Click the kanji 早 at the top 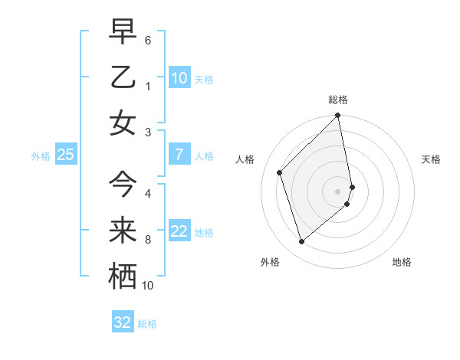123,31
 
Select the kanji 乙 123,77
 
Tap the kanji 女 123,123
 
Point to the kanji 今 123,184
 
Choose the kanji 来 123,230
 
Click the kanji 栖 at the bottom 123,276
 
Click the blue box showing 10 179,77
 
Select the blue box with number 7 179,155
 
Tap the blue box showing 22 179,231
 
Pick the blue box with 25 66,155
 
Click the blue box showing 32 123,322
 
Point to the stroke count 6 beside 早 147,39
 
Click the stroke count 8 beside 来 147,239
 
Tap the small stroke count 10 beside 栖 148,285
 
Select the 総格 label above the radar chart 338,100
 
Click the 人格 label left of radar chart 245,159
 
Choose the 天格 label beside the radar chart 432,159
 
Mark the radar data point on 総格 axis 338,116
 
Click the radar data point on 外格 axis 301,242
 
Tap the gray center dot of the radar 338,191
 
